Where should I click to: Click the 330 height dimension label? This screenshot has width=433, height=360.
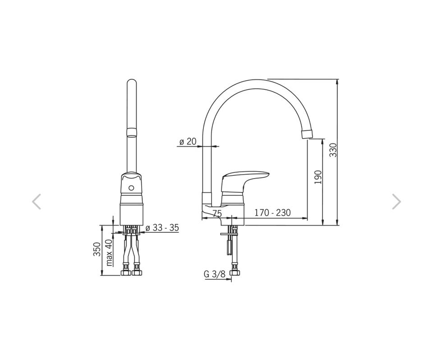[334, 150]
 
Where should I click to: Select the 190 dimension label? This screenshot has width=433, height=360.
[318, 177]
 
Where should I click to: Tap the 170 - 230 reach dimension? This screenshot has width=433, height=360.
[272, 213]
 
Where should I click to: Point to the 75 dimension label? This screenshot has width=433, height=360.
[217, 213]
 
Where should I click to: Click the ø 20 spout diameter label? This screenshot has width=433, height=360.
[188, 142]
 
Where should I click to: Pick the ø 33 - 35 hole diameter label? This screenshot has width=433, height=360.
[162, 228]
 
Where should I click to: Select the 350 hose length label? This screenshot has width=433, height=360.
[97, 249]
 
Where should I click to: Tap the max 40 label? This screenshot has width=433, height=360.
[109, 253]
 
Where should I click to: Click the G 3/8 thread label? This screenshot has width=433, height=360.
[215, 274]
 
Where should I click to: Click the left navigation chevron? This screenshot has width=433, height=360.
[36, 202]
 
